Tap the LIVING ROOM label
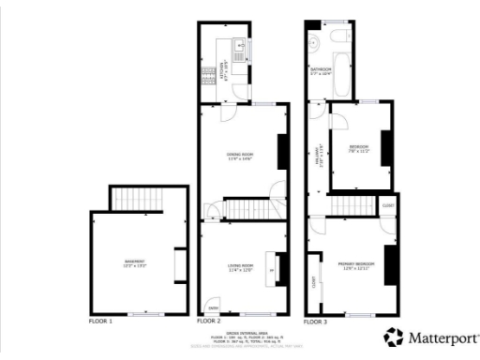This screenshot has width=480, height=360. pyautogui.click(x=240, y=269)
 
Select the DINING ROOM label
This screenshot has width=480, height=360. pyautogui.click(x=240, y=157)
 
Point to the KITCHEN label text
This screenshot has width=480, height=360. pyautogui.click(x=222, y=67)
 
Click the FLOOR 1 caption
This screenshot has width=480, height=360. pyautogui.click(x=100, y=322)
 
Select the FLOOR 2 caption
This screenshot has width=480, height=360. pyautogui.click(x=208, y=322)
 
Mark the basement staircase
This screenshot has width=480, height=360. pyautogui.click(x=138, y=198)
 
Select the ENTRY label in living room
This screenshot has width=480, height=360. pyautogui.click(x=214, y=307)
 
